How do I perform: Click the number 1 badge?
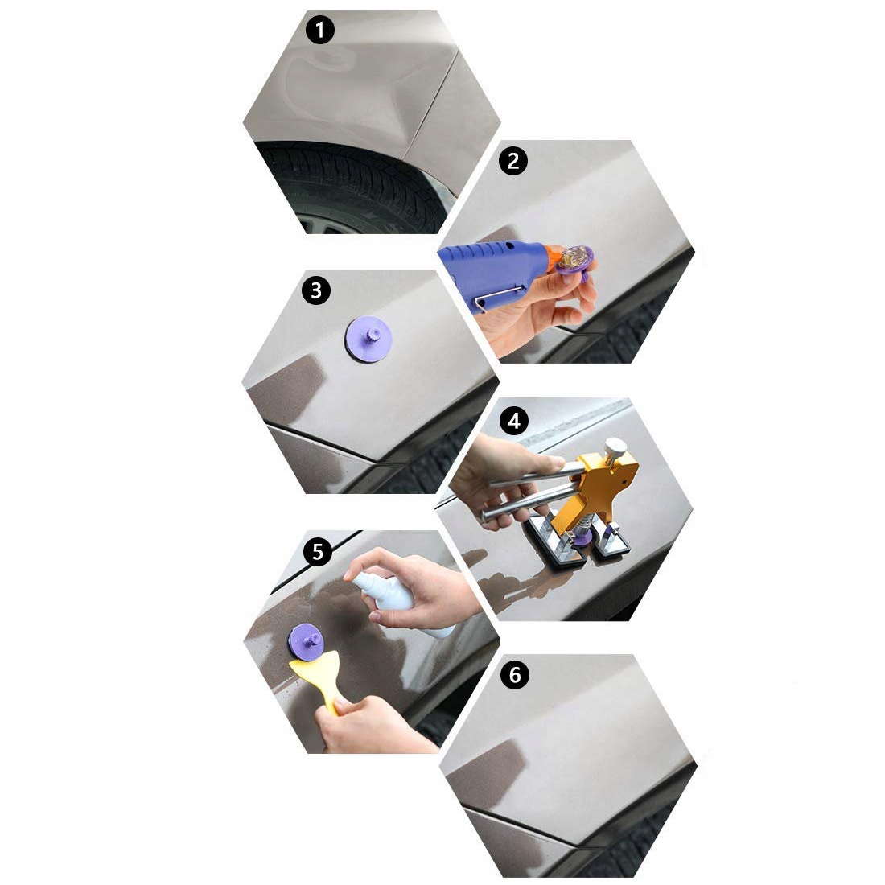(320, 30)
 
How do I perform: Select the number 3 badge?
(316, 290)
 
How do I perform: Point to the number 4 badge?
(513, 421)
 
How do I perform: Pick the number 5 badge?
(318, 551)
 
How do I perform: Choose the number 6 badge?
(515, 675)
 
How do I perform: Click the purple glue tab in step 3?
(368, 340)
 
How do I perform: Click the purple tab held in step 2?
(573, 263)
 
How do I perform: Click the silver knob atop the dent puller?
(615, 448)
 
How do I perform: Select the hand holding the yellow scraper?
(373, 725)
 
